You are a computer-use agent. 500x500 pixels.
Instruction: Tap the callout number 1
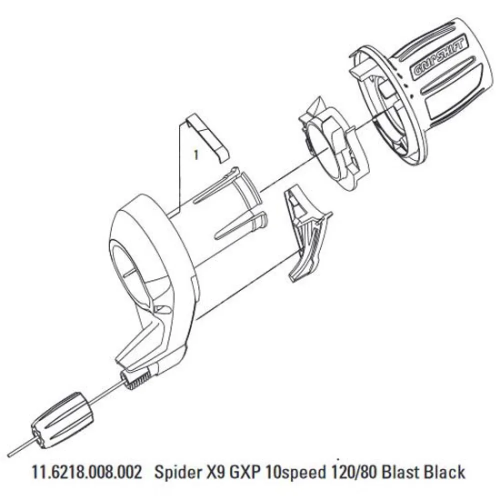tap(196, 155)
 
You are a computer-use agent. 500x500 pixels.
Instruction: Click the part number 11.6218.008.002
tap(86, 471)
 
